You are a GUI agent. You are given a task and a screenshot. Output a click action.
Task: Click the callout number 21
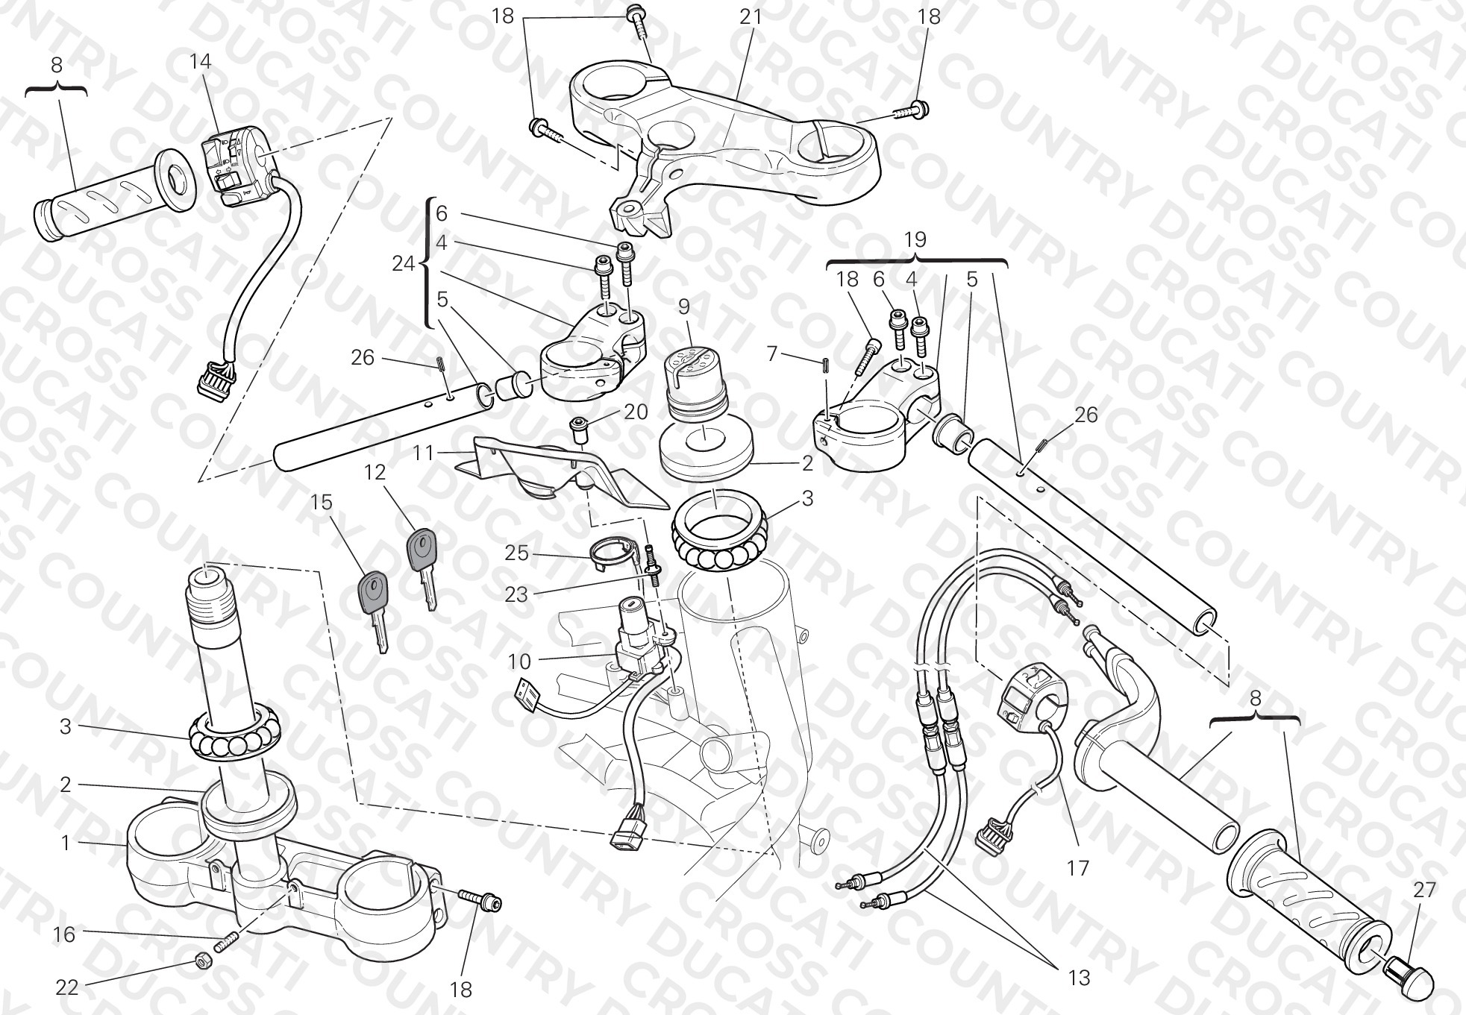pos(750,16)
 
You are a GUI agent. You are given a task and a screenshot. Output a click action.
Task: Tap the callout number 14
pos(200,61)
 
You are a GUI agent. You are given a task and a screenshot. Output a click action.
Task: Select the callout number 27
pos(1424,889)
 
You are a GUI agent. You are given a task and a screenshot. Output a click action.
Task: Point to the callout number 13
pos(1079,977)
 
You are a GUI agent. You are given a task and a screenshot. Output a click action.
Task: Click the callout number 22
pos(66,987)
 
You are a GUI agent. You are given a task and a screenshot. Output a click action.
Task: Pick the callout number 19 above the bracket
pos(915,239)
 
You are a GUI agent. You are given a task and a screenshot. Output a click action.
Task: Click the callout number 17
pos(1078,868)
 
